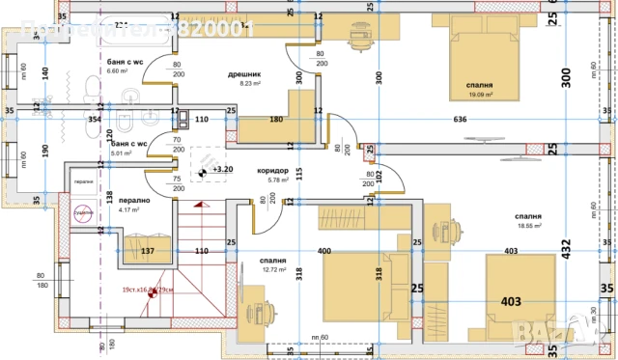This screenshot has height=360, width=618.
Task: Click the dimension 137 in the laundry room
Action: pos(148,251)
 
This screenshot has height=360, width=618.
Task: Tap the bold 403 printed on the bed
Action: pos(510,302)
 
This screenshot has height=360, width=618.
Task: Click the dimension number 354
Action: pos(95,120)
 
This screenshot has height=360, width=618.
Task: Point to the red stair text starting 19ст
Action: pos(147,290)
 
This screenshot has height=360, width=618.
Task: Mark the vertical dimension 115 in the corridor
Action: pos(300,174)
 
